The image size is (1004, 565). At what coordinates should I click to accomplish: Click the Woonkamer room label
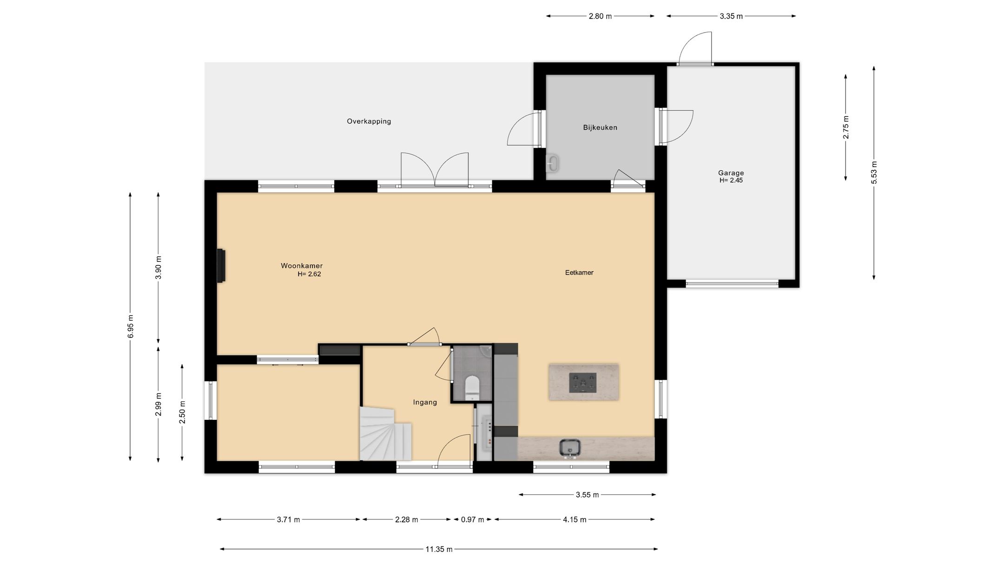pyautogui.click(x=302, y=266)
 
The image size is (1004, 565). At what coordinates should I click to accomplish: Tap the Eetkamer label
pyautogui.click(x=579, y=273)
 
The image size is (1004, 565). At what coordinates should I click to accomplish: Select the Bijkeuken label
pyautogui.click(x=600, y=127)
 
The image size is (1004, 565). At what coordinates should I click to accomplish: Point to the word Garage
pyautogui.click(x=731, y=173)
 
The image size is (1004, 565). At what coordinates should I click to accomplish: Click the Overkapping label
pyautogui.click(x=369, y=121)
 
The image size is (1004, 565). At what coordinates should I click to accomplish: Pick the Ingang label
pyautogui.click(x=425, y=402)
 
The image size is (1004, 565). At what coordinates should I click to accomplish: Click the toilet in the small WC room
pyautogui.click(x=472, y=388)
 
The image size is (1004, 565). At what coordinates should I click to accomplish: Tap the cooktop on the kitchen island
pyautogui.click(x=583, y=383)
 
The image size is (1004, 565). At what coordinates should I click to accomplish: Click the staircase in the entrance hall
pyautogui.click(x=385, y=433)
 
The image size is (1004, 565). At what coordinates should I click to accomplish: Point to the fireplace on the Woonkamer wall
pyautogui.click(x=221, y=266)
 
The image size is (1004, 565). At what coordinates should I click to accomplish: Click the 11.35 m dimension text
pyautogui.click(x=439, y=549)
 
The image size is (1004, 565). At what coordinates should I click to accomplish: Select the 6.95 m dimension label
pyautogui.click(x=131, y=326)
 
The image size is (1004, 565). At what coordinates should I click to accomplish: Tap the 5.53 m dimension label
pyautogui.click(x=874, y=173)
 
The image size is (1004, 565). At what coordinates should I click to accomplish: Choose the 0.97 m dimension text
pyautogui.click(x=472, y=519)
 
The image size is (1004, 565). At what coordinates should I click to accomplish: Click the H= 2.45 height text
pyautogui.click(x=731, y=180)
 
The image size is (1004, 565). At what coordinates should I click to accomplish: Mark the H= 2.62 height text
pyautogui.click(x=310, y=274)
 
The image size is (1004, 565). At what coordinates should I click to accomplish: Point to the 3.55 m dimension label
pyautogui.click(x=587, y=495)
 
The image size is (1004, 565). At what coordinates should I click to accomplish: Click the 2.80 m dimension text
pyautogui.click(x=600, y=16)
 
